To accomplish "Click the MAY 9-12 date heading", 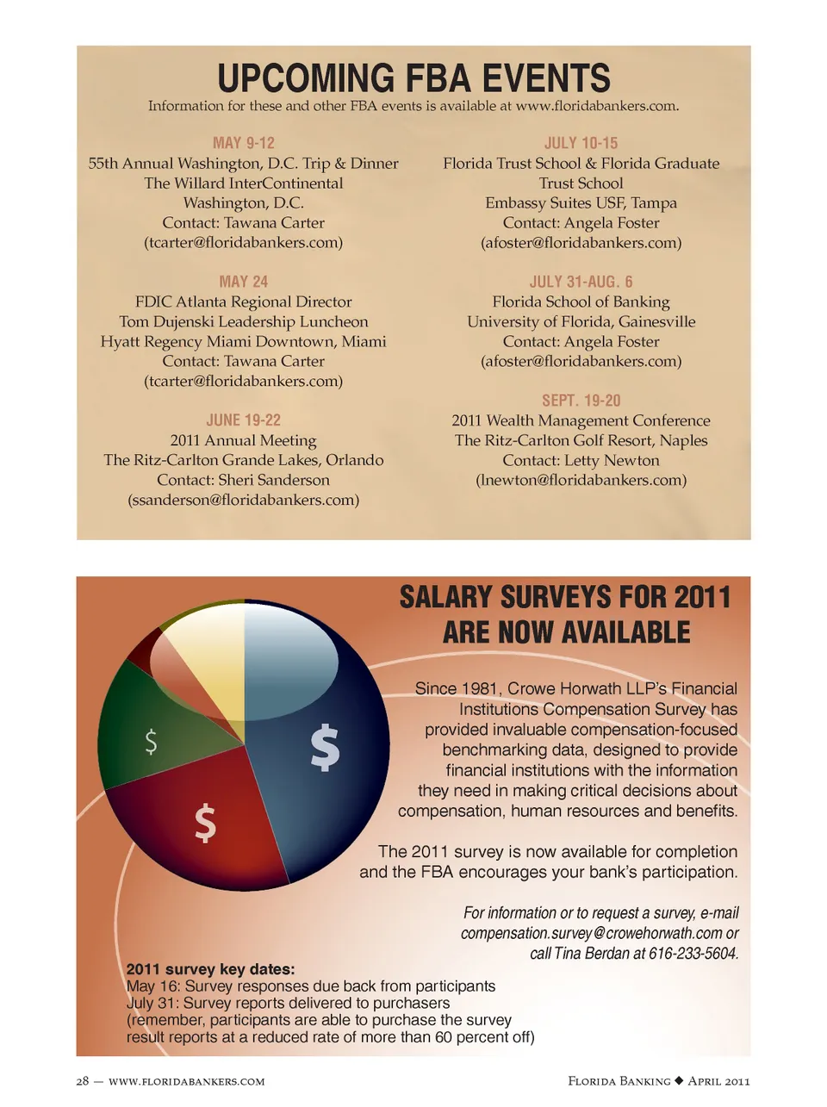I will coord(244,143).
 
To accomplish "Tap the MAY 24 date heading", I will coord(244,282).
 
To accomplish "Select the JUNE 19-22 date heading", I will coord(244,420).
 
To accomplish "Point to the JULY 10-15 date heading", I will coord(581,143).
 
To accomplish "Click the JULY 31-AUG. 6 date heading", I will coord(581,282).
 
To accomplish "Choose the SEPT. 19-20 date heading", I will coord(581,401).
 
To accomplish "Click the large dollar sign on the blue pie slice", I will coord(325,747).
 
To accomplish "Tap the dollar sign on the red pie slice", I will coord(205,822).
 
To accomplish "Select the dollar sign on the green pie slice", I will coord(151,741).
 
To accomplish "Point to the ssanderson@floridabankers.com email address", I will coord(244,500).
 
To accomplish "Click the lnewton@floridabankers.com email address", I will coord(581,480).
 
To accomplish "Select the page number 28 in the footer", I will coord(83,1081).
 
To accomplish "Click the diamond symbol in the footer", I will coord(679,1081).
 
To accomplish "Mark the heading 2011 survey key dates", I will coord(210,969).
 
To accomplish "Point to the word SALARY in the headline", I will coord(445,597).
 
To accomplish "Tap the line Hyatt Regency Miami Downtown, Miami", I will coord(244,341).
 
